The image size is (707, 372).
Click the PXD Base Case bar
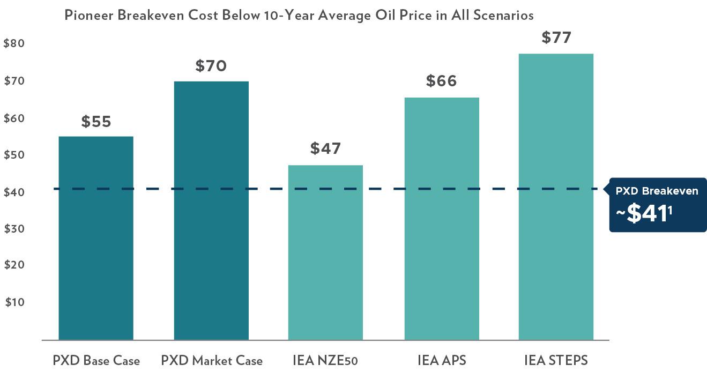click(x=96, y=238)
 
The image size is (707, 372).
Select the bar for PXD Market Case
click(x=211, y=210)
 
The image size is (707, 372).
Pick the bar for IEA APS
click(x=442, y=219)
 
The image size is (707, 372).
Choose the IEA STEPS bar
click(x=556, y=197)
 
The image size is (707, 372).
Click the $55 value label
click(x=96, y=122)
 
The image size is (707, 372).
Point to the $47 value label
click(x=325, y=148)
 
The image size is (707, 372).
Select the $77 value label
click(x=556, y=38)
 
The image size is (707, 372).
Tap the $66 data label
click(x=441, y=81)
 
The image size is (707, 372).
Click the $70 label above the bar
click(x=211, y=66)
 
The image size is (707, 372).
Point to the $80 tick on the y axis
click(x=14, y=44)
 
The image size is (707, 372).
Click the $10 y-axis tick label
click(x=15, y=302)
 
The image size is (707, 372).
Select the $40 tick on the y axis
click(x=14, y=192)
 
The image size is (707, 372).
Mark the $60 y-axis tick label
click(x=14, y=118)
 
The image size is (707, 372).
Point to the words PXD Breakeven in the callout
click(x=657, y=191)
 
